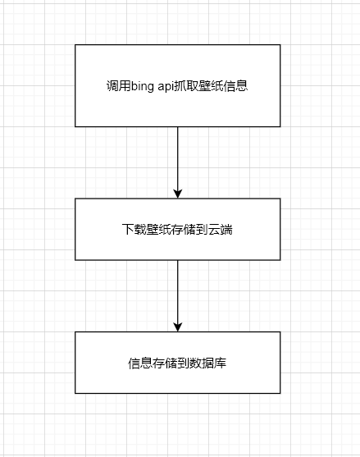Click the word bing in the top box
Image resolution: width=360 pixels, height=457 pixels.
click(x=142, y=87)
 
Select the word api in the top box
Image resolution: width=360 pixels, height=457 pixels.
click(x=166, y=87)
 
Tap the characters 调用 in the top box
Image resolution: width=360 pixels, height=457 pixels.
click(x=118, y=86)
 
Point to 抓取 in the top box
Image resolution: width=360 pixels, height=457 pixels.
click(x=186, y=86)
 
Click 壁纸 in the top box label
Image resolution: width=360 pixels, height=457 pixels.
click(x=211, y=86)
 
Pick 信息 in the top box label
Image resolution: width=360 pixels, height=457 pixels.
click(x=235, y=86)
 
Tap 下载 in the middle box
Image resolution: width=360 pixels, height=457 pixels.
click(x=134, y=230)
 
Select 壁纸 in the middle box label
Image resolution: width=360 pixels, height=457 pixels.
click(x=159, y=230)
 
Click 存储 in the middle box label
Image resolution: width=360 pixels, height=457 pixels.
click(x=184, y=230)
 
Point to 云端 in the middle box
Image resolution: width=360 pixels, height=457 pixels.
click(x=221, y=230)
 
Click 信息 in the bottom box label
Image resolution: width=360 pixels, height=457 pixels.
click(x=140, y=363)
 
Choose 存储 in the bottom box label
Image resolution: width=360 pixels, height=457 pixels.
click(x=165, y=363)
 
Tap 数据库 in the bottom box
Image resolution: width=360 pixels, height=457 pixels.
click(x=208, y=363)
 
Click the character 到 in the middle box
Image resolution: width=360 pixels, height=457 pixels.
click(x=202, y=230)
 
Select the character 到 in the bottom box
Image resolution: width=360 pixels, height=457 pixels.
click(x=183, y=363)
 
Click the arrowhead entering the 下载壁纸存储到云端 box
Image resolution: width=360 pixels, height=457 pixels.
click(x=178, y=194)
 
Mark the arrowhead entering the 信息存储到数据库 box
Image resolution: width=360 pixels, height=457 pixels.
click(x=178, y=327)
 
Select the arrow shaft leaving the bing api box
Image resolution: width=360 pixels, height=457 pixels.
click(x=178, y=158)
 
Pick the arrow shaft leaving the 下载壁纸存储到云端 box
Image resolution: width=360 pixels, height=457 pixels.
click(x=178, y=291)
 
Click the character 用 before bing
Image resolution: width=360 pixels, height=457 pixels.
click(x=125, y=86)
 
